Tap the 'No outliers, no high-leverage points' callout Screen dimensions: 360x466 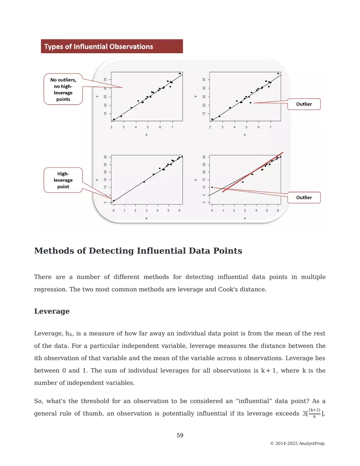[x=63, y=89]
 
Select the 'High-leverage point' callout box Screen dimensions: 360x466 [x=63, y=180]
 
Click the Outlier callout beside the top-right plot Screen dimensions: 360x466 [x=304, y=104]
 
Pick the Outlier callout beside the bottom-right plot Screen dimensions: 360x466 [x=304, y=198]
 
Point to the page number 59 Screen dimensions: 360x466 [x=180, y=435]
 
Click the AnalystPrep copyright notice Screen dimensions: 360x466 [x=298, y=443]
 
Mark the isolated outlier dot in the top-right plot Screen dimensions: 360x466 [x=250, y=103]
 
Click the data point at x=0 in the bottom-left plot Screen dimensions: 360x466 [x=114, y=200]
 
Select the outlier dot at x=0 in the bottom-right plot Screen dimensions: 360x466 [x=212, y=187]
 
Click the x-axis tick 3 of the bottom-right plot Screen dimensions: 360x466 [x=245, y=210]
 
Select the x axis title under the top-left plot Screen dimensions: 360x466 [x=146, y=135]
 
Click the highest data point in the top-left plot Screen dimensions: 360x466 [x=180, y=74]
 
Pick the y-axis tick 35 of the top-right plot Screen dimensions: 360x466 [x=203, y=80]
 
